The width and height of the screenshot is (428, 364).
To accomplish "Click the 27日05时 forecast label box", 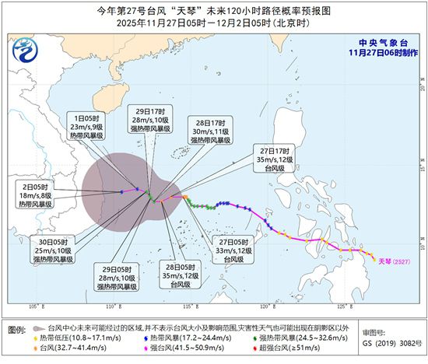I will tap(237, 251).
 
